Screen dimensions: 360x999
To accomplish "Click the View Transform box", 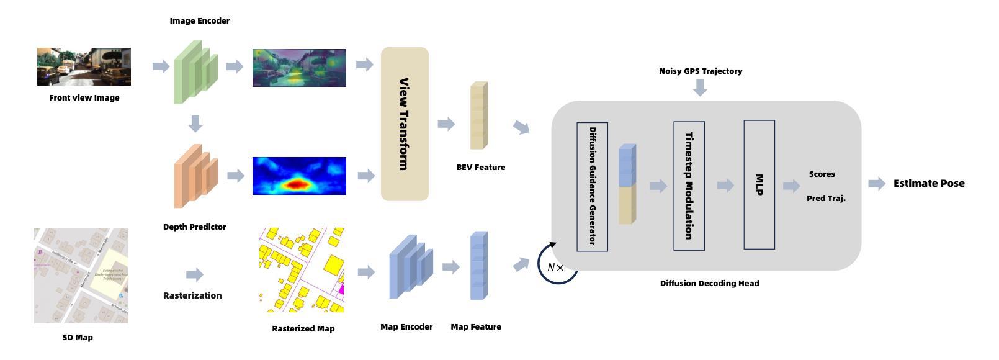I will point(405,124).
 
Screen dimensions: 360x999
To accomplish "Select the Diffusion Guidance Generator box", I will point(592,186).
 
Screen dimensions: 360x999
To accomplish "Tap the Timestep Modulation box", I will point(689,186).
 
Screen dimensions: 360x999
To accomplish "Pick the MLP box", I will point(759,184).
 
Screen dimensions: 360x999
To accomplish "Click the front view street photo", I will point(84,66).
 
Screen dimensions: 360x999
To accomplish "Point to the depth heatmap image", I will point(299,176).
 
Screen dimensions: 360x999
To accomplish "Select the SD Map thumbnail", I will point(81,276).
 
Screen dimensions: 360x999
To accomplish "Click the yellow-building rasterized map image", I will point(302,270).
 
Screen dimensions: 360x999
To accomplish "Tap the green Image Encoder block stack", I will point(195,71).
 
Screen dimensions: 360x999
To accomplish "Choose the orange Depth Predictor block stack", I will point(195,176).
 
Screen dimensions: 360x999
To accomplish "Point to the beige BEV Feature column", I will point(478,115).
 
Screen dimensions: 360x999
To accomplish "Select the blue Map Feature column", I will point(478,266).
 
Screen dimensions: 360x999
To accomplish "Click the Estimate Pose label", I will point(929,183).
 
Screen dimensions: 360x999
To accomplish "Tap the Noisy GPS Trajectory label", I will point(701,71).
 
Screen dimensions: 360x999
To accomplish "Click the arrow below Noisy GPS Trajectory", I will point(700,88).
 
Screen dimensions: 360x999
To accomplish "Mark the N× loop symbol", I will point(557,266).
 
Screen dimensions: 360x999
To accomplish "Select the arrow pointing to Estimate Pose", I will point(876,183).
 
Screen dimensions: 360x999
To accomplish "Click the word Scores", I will point(822,174).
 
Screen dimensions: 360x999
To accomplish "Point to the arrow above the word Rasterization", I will point(194,274).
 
